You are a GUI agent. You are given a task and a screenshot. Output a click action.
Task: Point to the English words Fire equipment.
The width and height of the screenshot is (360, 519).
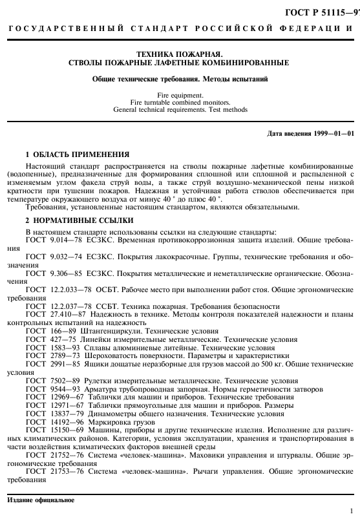180,96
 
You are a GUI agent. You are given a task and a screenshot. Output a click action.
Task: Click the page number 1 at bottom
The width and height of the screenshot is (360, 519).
350,511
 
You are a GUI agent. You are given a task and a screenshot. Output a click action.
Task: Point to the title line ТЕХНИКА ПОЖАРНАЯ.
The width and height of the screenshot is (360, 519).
180,54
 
